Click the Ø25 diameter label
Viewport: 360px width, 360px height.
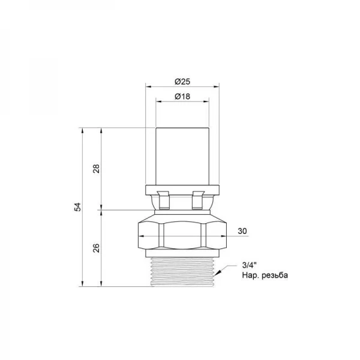click(182, 82)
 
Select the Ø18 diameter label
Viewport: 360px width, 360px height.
click(182, 96)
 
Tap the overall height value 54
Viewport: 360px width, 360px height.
click(78, 207)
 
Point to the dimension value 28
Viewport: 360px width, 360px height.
click(97, 169)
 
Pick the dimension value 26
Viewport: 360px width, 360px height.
click(97, 248)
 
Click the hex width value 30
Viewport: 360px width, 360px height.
click(242, 231)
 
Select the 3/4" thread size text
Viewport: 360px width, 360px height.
click(249, 265)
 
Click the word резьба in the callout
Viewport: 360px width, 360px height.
click(275, 275)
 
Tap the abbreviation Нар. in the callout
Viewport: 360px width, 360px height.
click(251, 275)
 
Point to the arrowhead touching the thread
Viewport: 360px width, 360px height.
click(218, 272)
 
